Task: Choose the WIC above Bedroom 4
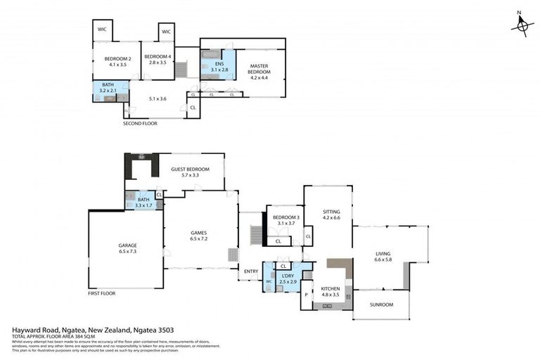[x=166, y=32]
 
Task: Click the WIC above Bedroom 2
[x=103, y=30]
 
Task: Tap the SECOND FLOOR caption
[x=140, y=123]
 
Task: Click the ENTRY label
[x=250, y=271]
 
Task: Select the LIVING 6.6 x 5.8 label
[x=382, y=257]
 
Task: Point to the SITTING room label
[x=330, y=214]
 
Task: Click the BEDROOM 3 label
[x=285, y=220]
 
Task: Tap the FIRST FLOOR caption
[x=102, y=292]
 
